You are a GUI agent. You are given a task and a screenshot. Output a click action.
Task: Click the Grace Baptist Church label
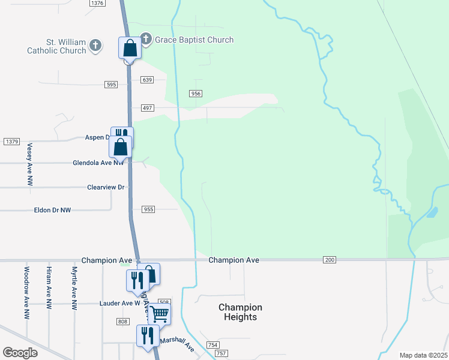194,40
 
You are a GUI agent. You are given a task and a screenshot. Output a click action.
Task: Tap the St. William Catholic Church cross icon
95,45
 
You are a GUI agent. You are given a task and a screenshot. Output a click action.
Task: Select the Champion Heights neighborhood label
240,312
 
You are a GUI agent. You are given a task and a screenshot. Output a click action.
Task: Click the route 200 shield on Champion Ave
330,260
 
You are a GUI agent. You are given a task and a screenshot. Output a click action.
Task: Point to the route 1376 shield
97,3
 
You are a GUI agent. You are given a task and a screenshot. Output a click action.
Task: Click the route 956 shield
196,94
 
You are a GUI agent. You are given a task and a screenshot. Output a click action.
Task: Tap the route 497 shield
148,108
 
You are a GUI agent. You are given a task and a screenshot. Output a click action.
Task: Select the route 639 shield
148,80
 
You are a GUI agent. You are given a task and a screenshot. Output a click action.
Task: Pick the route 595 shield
110,85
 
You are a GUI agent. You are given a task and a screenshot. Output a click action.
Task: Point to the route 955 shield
149,209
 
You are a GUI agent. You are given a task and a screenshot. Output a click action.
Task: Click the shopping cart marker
159,313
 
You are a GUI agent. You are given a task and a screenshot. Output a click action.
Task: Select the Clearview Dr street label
106,187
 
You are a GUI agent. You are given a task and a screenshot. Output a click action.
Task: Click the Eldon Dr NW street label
53,210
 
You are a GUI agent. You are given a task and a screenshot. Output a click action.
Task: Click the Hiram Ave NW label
49,289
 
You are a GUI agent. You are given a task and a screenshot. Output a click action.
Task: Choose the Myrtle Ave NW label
74,289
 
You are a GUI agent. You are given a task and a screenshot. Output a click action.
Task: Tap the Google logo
20,353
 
